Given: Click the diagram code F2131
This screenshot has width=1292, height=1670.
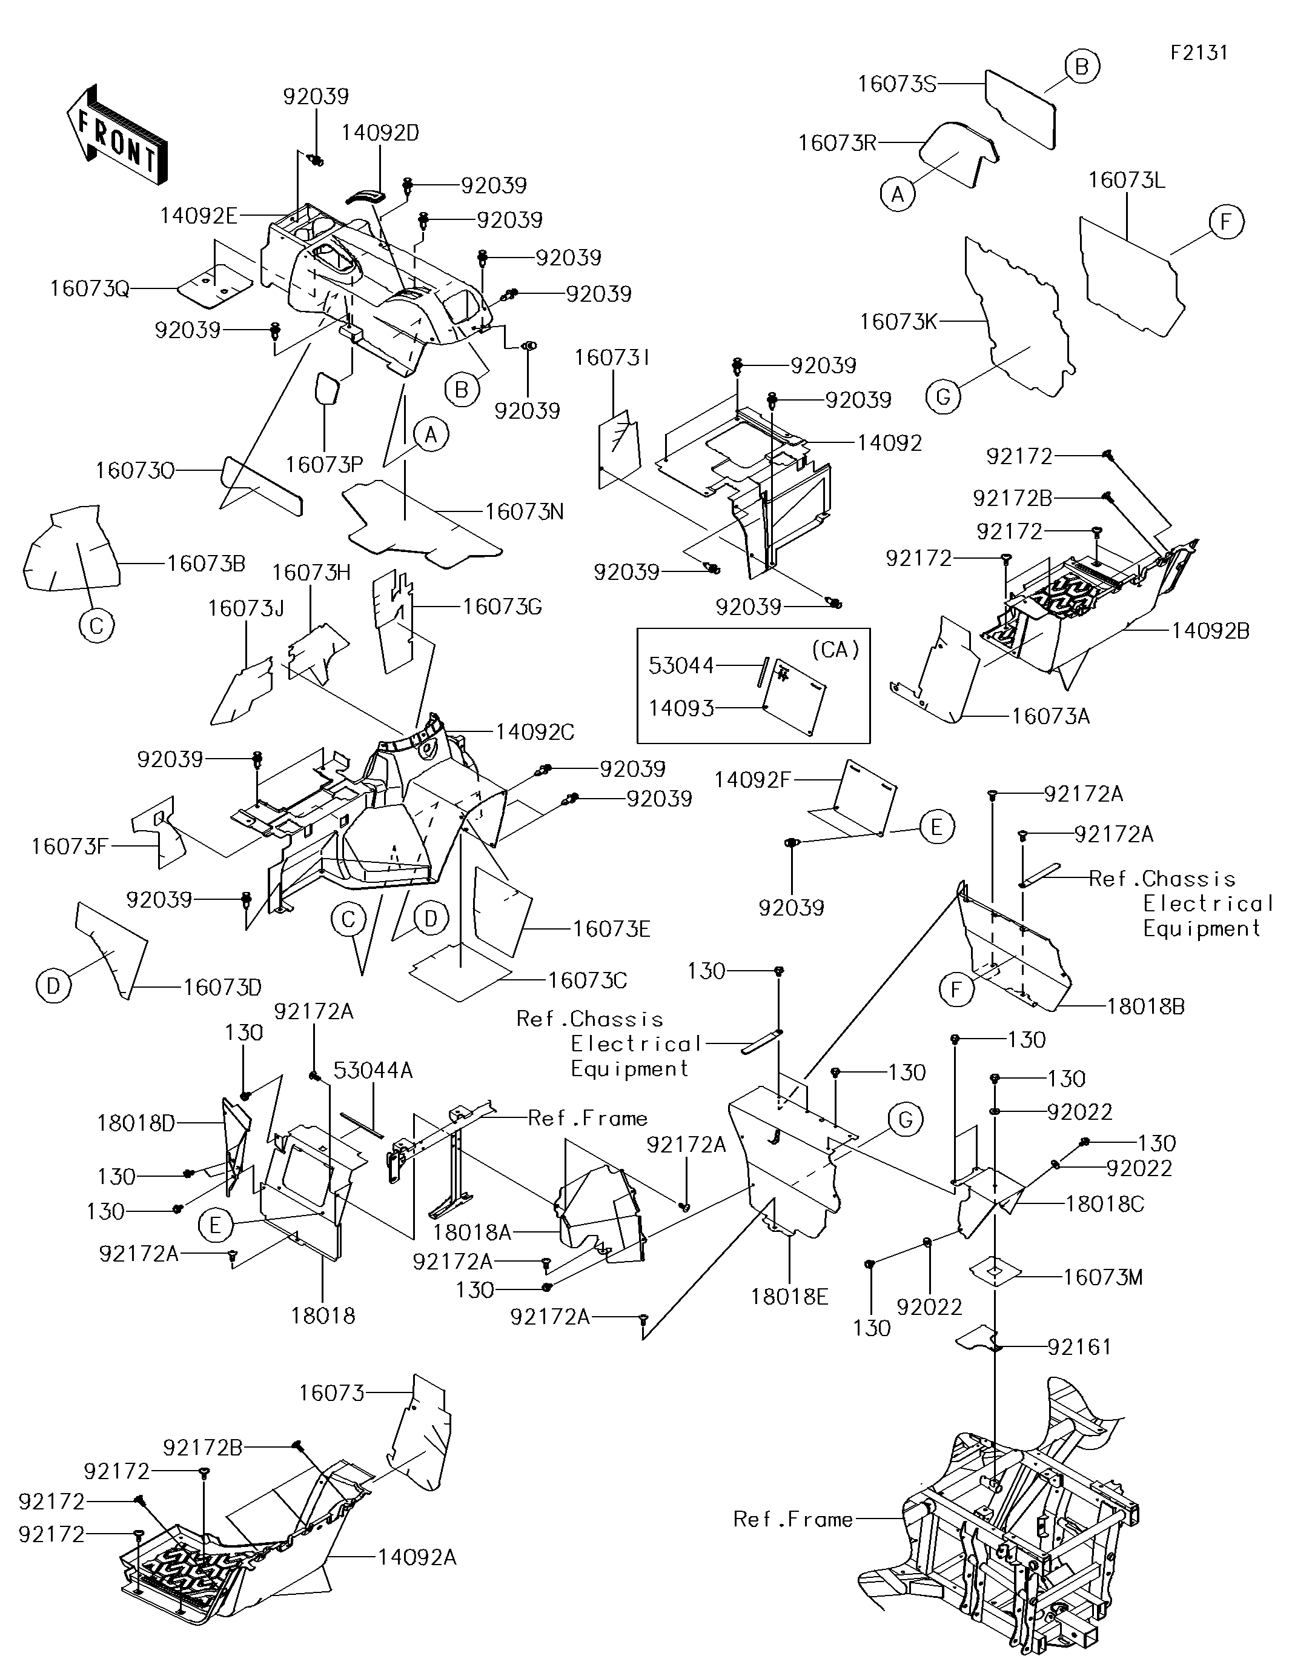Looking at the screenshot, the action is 1199,53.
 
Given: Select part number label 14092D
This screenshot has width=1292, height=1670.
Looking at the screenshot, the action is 380,133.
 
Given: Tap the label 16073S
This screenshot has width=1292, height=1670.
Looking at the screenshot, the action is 896,84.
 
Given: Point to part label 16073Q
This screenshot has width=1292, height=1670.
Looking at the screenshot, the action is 90,288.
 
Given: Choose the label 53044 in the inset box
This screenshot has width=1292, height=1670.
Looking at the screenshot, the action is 681,665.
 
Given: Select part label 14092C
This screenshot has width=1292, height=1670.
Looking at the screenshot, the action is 534,732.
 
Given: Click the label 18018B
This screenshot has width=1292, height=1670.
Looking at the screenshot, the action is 1146,1006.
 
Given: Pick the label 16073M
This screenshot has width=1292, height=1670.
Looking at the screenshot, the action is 1103,1277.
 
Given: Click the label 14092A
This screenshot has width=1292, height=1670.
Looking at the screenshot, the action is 417,1557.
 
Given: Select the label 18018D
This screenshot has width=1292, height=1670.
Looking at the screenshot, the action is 136,1123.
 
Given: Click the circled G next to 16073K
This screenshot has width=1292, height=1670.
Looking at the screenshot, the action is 943,397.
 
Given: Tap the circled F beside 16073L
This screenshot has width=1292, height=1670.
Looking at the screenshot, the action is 1226,222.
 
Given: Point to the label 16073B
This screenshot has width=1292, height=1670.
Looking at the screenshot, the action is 207,564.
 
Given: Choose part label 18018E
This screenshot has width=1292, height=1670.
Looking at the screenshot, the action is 789,1297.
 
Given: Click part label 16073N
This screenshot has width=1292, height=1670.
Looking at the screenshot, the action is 525,511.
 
